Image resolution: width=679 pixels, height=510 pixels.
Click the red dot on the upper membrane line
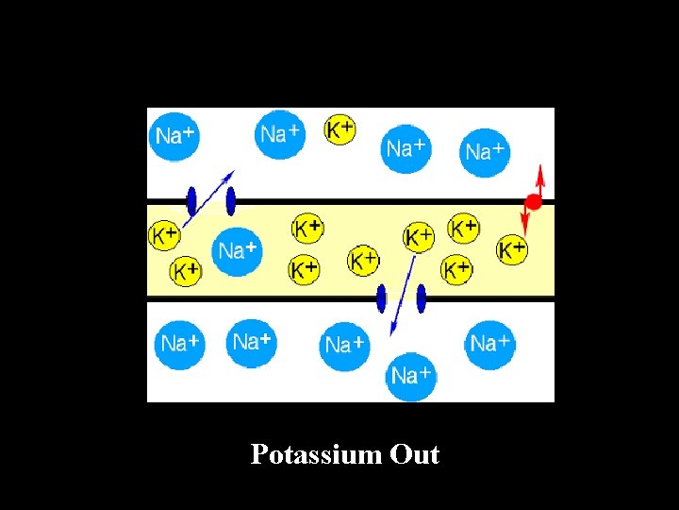point(534,201)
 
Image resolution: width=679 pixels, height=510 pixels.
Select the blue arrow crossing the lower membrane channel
point(403,293)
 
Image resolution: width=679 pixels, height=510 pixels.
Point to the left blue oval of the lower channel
point(381,298)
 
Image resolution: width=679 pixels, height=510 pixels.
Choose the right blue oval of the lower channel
point(421,298)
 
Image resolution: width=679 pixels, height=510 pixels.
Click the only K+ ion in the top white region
point(339,129)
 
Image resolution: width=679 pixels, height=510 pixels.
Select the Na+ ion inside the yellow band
point(237,251)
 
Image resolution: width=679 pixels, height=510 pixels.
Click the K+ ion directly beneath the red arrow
point(512,249)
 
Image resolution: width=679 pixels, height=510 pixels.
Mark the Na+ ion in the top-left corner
point(174,135)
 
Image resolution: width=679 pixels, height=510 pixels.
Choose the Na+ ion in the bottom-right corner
point(489,343)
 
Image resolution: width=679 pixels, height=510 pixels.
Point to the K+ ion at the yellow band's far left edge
point(165,235)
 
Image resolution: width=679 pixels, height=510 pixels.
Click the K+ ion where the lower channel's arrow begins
point(418,237)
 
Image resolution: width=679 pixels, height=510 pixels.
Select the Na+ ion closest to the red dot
point(485,151)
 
